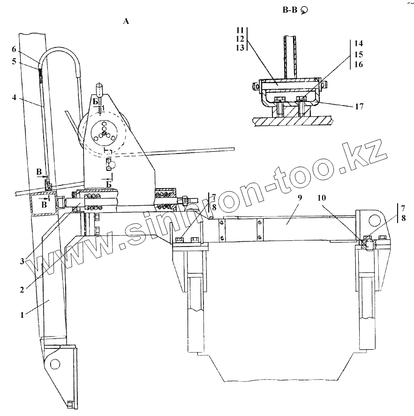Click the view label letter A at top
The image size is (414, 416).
pos(125,21)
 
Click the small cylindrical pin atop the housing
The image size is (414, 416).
pos(99,90)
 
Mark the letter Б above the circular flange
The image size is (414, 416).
pos(96,102)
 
